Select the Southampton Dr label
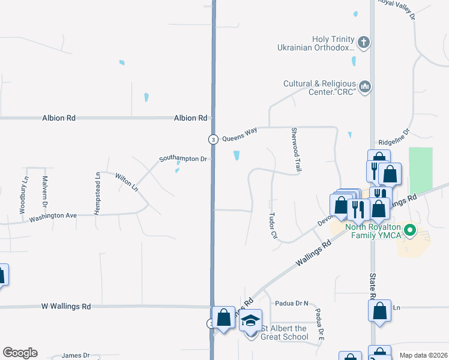(x=182, y=159)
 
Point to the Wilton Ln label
(x=127, y=182)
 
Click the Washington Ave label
(x=53, y=215)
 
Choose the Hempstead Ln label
(x=98, y=191)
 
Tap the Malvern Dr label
(x=44, y=192)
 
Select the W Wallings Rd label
(x=66, y=306)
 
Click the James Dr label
(x=76, y=355)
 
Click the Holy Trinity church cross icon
(x=363, y=43)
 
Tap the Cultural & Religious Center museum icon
(x=365, y=88)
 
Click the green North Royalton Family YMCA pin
(x=411, y=229)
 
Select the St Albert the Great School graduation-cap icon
(x=251, y=320)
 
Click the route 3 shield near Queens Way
(x=213, y=139)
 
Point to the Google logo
(x=20, y=353)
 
